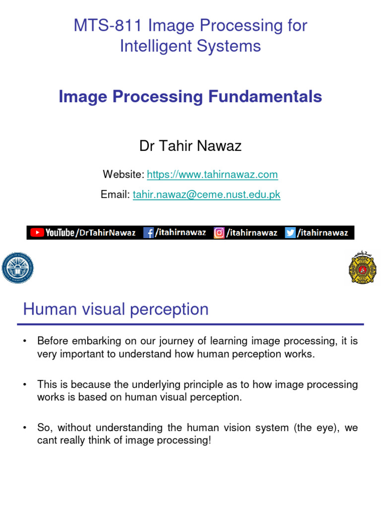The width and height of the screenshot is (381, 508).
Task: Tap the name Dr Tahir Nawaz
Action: [x=190, y=146]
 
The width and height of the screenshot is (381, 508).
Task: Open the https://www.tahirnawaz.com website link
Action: [x=212, y=175]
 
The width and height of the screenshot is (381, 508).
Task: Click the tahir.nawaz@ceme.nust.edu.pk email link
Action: [x=206, y=194]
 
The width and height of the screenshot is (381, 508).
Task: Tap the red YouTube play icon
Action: [x=37, y=233]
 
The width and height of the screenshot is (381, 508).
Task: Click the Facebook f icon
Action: [x=148, y=233]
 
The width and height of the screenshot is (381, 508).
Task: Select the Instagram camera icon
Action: [x=219, y=233]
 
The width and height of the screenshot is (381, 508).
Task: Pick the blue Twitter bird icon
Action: [x=290, y=233]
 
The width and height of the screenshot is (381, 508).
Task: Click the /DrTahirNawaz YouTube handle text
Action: [x=105, y=233]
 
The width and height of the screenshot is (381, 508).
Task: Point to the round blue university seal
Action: [x=17, y=268]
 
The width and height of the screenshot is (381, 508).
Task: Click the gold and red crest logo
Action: [x=363, y=268]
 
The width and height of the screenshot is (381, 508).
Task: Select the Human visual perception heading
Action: [x=116, y=310]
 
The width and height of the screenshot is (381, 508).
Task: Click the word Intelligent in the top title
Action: [x=154, y=46]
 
